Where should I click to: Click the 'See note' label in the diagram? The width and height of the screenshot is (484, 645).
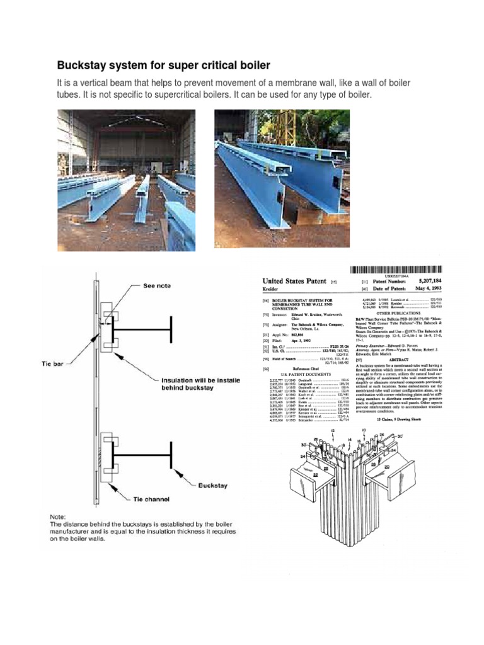157,285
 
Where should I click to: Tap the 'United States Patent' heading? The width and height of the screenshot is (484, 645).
295,282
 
